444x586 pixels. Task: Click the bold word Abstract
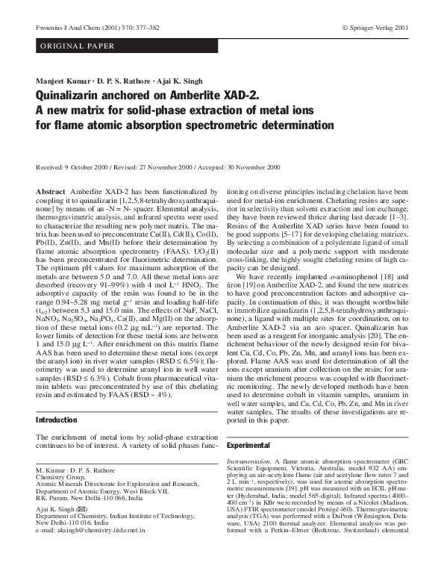coord(51,192)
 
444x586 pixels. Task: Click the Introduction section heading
coord(57,420)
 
